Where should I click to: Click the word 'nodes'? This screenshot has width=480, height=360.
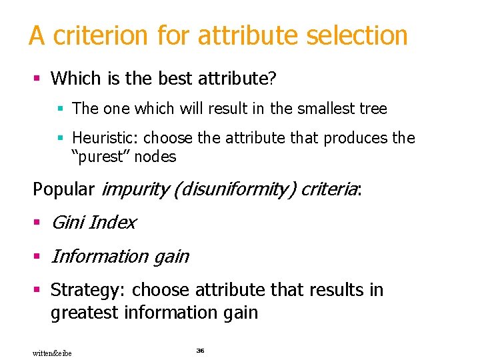pyautogui.click(x=157, y=157)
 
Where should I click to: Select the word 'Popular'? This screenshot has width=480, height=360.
pyautogui.click(x=63, y=189)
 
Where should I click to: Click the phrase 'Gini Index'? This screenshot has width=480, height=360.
pyautogui.click(x=93, y=223)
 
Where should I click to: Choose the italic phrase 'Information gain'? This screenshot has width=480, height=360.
pyautogui.click(x=120, y=257)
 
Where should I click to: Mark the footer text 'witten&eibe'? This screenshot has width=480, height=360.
pyautogui.click(x=52, y=353)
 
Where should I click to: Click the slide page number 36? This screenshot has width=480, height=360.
pyautogui.click(x=200, y=350)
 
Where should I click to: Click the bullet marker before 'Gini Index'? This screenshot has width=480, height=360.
pyautogui.click(x=37, y=223)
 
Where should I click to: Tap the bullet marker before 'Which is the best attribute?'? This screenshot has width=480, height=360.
pyautogui.click(x=37, y=79)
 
